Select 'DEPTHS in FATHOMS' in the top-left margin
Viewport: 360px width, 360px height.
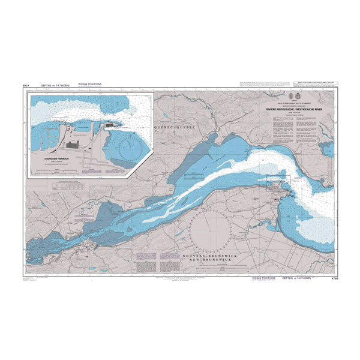point(55,86)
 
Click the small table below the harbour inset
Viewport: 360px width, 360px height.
point(70,185)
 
